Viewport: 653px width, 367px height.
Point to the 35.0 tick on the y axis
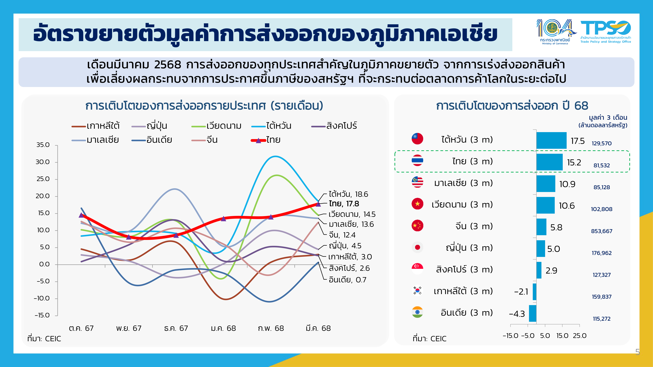click(x=43, y=145)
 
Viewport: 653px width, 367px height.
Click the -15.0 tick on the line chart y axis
click(x=42, y=315)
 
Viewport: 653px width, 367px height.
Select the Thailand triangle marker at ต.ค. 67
click(x=81, y=215)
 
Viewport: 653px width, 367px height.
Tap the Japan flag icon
click(x=417, y=247)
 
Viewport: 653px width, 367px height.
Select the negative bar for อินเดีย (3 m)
click(x=533, y=313)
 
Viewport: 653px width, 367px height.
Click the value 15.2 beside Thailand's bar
click(x=574, y=162)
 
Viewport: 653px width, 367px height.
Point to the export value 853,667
click(x=602, y=231)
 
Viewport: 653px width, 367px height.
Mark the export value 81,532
click(x=602, y=165)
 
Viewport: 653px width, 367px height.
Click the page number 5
click(x=637, y=352)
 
